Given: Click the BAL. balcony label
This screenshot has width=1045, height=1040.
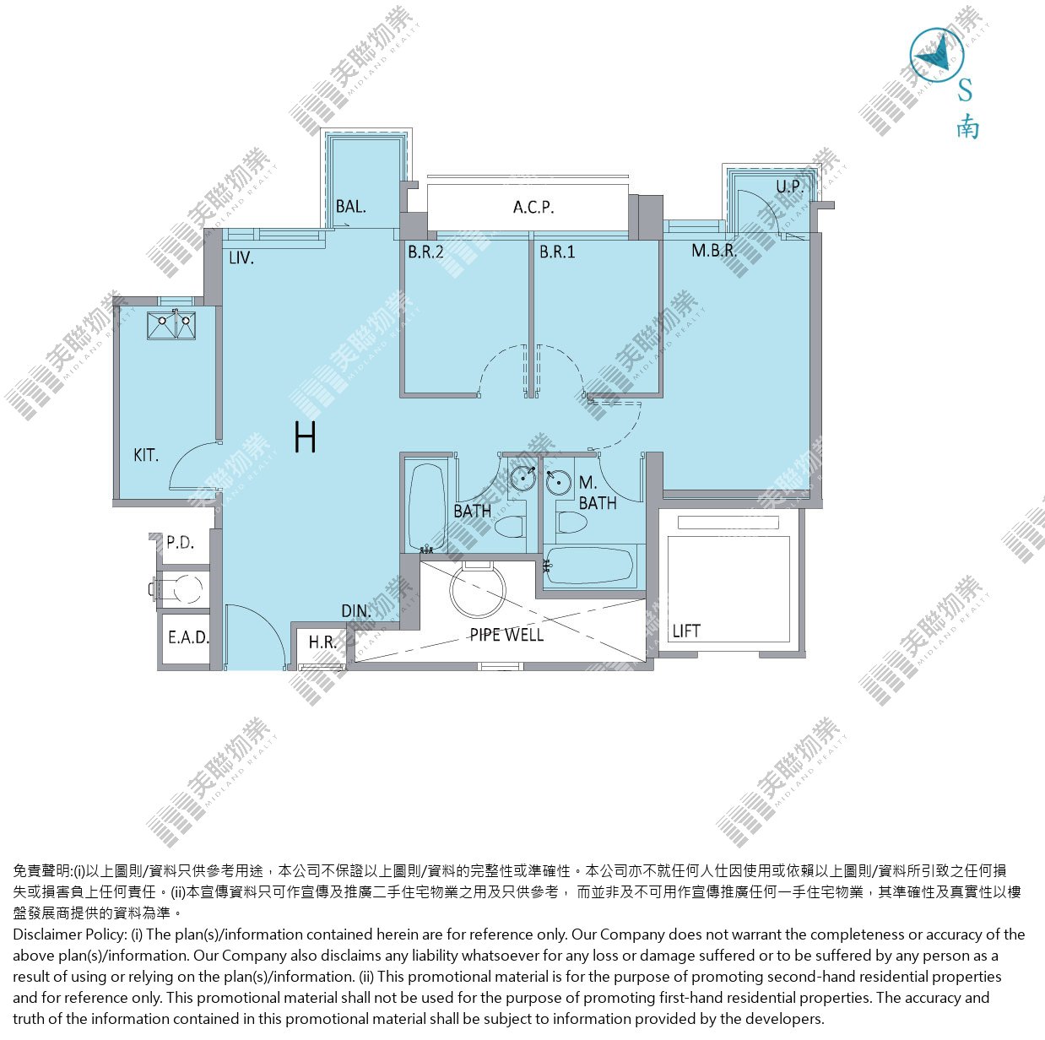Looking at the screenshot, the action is [x=350, y=206].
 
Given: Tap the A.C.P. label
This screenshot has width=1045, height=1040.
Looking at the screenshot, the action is [x=533, y=208].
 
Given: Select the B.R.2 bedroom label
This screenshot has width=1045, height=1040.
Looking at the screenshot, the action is [x=425, y=252].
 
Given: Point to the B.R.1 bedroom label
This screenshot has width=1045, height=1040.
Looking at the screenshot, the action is [x=557, y=252].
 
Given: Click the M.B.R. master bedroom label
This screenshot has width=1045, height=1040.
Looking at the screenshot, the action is [x=714, y=251].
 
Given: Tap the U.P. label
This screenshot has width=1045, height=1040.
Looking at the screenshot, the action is [x=789, y=187].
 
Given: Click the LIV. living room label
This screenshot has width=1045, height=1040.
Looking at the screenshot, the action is [x=241, y=257].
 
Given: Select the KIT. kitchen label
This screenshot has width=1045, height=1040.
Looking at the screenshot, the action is [x=146, y=455].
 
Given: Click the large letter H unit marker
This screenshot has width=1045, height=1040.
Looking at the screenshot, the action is [x=305, y=437].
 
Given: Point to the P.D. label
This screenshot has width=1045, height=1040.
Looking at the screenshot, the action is [x=180, y=542].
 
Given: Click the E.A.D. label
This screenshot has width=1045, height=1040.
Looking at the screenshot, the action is [x=188, y=636].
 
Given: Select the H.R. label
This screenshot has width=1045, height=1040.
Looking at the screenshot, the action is [x=322, y=642].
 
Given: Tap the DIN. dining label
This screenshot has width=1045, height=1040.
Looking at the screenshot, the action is [x=356, y=611].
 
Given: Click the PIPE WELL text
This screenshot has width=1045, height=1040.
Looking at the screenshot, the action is [x=506, y=635].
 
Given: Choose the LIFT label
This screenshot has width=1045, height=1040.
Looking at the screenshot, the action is [x=686, y=631].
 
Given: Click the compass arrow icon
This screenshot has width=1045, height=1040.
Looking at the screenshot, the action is [x=937, y=56].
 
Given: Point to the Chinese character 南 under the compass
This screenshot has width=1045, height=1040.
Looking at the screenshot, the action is [x=967, y=128].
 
